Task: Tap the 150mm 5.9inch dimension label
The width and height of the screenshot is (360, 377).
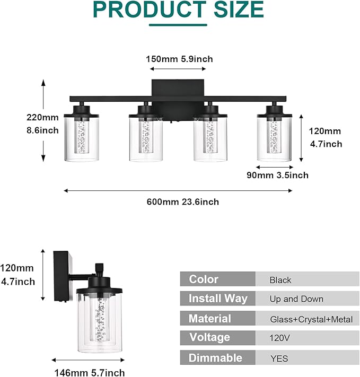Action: point(179,59)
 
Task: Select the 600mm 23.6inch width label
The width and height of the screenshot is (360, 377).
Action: point(183,201)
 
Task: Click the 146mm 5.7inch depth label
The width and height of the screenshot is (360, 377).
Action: point(90,373)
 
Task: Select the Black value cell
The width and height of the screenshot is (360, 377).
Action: point(280,280)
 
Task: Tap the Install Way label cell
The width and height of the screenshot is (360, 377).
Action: point(217,299)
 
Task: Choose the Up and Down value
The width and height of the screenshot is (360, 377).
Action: point(296,299)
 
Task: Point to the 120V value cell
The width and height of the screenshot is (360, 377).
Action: point(279,338)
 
